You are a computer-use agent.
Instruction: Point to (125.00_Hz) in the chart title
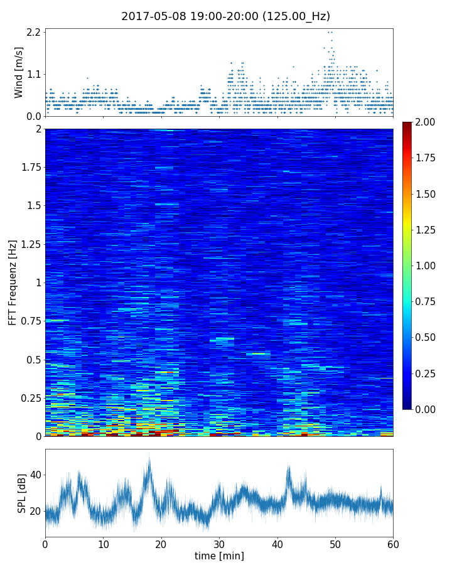(296, 16)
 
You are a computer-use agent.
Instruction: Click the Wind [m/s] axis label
(19, 72)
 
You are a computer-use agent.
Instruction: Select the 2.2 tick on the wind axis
(34, 32)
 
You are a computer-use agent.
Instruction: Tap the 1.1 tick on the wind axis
(34, 74)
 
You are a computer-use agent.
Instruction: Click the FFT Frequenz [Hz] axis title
(13, 282)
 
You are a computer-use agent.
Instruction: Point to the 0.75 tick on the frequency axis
(30, 321)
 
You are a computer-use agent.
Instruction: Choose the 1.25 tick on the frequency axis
(30, 245)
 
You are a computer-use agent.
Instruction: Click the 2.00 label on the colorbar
(429, 122)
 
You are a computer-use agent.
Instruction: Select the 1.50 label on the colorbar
(429, 194)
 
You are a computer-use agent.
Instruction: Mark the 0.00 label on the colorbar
(429, 409)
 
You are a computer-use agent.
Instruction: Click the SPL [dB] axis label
(22, 493)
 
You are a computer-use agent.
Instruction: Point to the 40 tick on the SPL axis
(35, 475)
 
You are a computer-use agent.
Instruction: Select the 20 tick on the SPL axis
(35, 511)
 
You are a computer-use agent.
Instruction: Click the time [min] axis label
(219, 556)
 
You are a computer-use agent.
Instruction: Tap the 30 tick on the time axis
(219, 543)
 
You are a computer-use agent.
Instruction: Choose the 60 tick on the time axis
(393, 543)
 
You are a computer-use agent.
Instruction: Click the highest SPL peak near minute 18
(149, 455)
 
